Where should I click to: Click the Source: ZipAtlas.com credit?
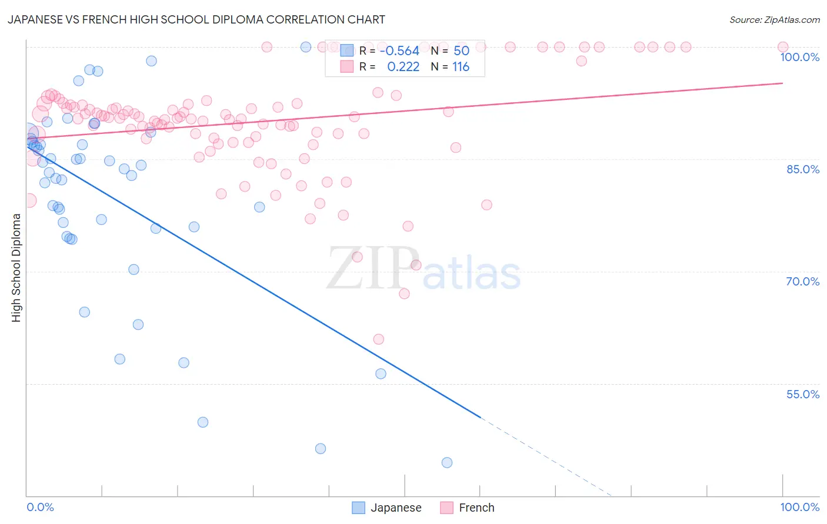click(774, 19)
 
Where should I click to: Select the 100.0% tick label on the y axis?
click(799, 57)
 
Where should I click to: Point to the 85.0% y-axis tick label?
click(802, 169)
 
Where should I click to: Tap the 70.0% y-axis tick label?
click(802, 281)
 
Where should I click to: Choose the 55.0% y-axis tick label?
click(802, 394)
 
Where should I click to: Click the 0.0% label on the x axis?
click(40, 507)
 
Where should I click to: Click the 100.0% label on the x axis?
click(799, 507)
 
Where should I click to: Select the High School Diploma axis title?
click(16, 267)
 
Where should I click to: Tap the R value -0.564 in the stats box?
click(399, 51)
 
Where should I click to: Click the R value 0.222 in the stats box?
click(403, 66)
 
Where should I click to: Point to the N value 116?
click(461, 66)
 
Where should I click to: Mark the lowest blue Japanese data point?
click(447, 462)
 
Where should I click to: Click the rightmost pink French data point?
click(783, 47)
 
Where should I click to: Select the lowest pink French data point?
click(379, 339)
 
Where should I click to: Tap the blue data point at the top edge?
click(306, 47)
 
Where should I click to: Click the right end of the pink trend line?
click(782, 83)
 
